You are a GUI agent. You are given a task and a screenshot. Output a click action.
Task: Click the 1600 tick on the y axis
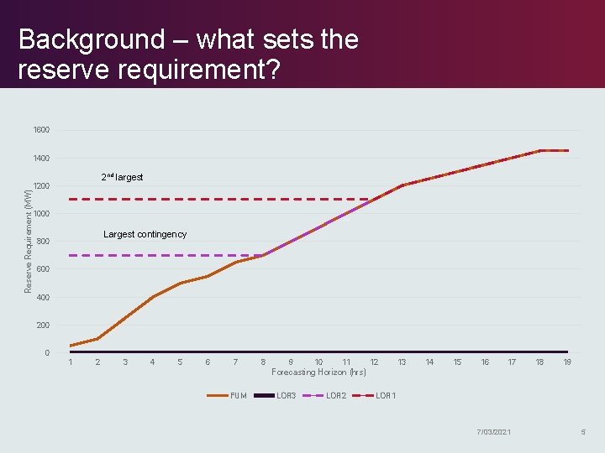coord(41,130)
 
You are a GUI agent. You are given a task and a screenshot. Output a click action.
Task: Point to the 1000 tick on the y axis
coord(41,214)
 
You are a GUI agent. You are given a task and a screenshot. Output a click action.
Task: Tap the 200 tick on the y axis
coord(42,325)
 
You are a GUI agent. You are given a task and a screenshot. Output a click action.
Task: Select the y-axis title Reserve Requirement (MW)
coord(29,240)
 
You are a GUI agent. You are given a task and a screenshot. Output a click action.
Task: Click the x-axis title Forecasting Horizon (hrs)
coord(318,372)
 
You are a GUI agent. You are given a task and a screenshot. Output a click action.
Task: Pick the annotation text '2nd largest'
coord(122,177)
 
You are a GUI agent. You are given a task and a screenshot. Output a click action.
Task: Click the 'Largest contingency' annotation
coord(145,234)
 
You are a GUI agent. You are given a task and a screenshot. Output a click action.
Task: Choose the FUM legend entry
coord(238,395)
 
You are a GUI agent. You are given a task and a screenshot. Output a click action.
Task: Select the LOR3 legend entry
coord(286,395)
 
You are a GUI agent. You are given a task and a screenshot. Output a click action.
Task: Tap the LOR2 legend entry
coord(335,395)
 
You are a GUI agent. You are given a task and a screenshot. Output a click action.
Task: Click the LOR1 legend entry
coord(385,395)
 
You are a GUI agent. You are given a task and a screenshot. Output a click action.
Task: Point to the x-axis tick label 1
coord(70,362)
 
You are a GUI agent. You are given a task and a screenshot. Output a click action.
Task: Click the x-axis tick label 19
coord(567,362)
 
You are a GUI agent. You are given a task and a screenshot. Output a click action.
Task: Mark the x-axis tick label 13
coord(402,362)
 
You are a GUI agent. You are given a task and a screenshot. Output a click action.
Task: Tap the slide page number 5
coord(582,431)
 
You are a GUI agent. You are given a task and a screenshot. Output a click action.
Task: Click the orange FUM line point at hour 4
coord(152,297)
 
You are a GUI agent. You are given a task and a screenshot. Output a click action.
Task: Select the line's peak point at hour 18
coord(540,151)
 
